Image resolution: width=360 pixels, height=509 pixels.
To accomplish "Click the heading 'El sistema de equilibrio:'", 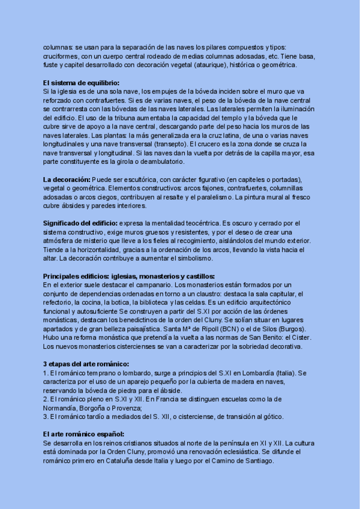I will click(x=81, y=83).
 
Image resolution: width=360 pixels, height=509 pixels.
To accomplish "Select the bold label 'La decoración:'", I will click(x=67, y=179).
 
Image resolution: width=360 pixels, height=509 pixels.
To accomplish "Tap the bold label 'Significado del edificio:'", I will click(x=80, y=223).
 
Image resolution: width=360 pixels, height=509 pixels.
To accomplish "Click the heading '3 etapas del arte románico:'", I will click(x=86, y=364).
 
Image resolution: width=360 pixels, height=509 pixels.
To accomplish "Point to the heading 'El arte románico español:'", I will click(x=83, y=433).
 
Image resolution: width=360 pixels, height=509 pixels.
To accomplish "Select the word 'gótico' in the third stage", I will click(x=271, y=417).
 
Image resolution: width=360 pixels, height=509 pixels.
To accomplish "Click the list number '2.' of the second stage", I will click(x=46, y=399).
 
